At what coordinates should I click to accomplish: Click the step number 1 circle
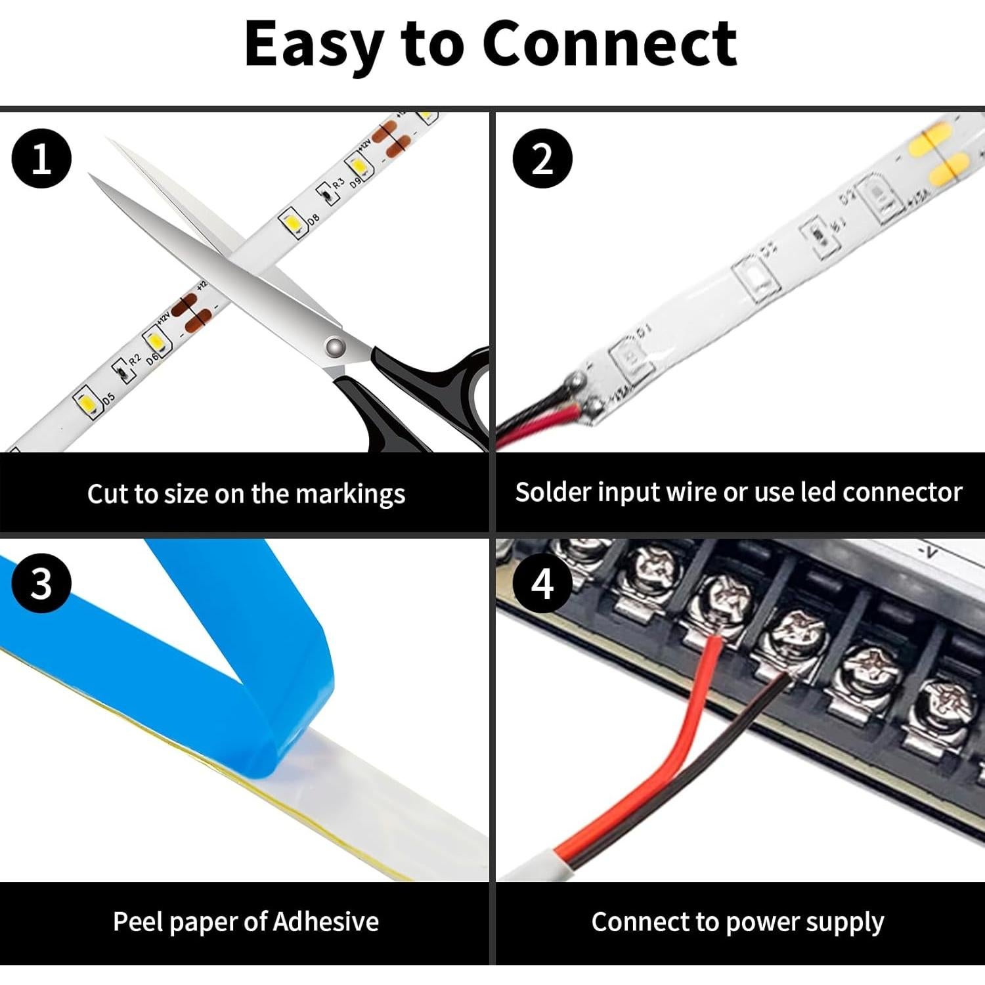[41, 159]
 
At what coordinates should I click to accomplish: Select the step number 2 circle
[542, 159]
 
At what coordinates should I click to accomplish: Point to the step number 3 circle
[41, 583]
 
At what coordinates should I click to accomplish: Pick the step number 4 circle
[542, 583]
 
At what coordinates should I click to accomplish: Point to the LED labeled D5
[85, 402]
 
